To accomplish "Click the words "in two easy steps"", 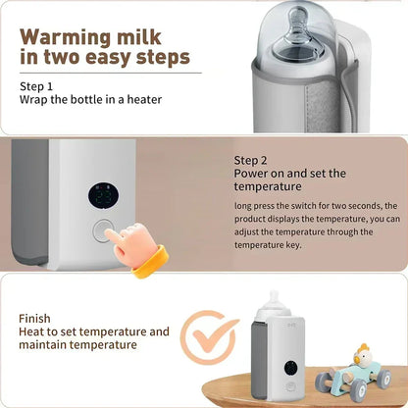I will coord(104,58).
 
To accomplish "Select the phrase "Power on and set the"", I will coord(289,174).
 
